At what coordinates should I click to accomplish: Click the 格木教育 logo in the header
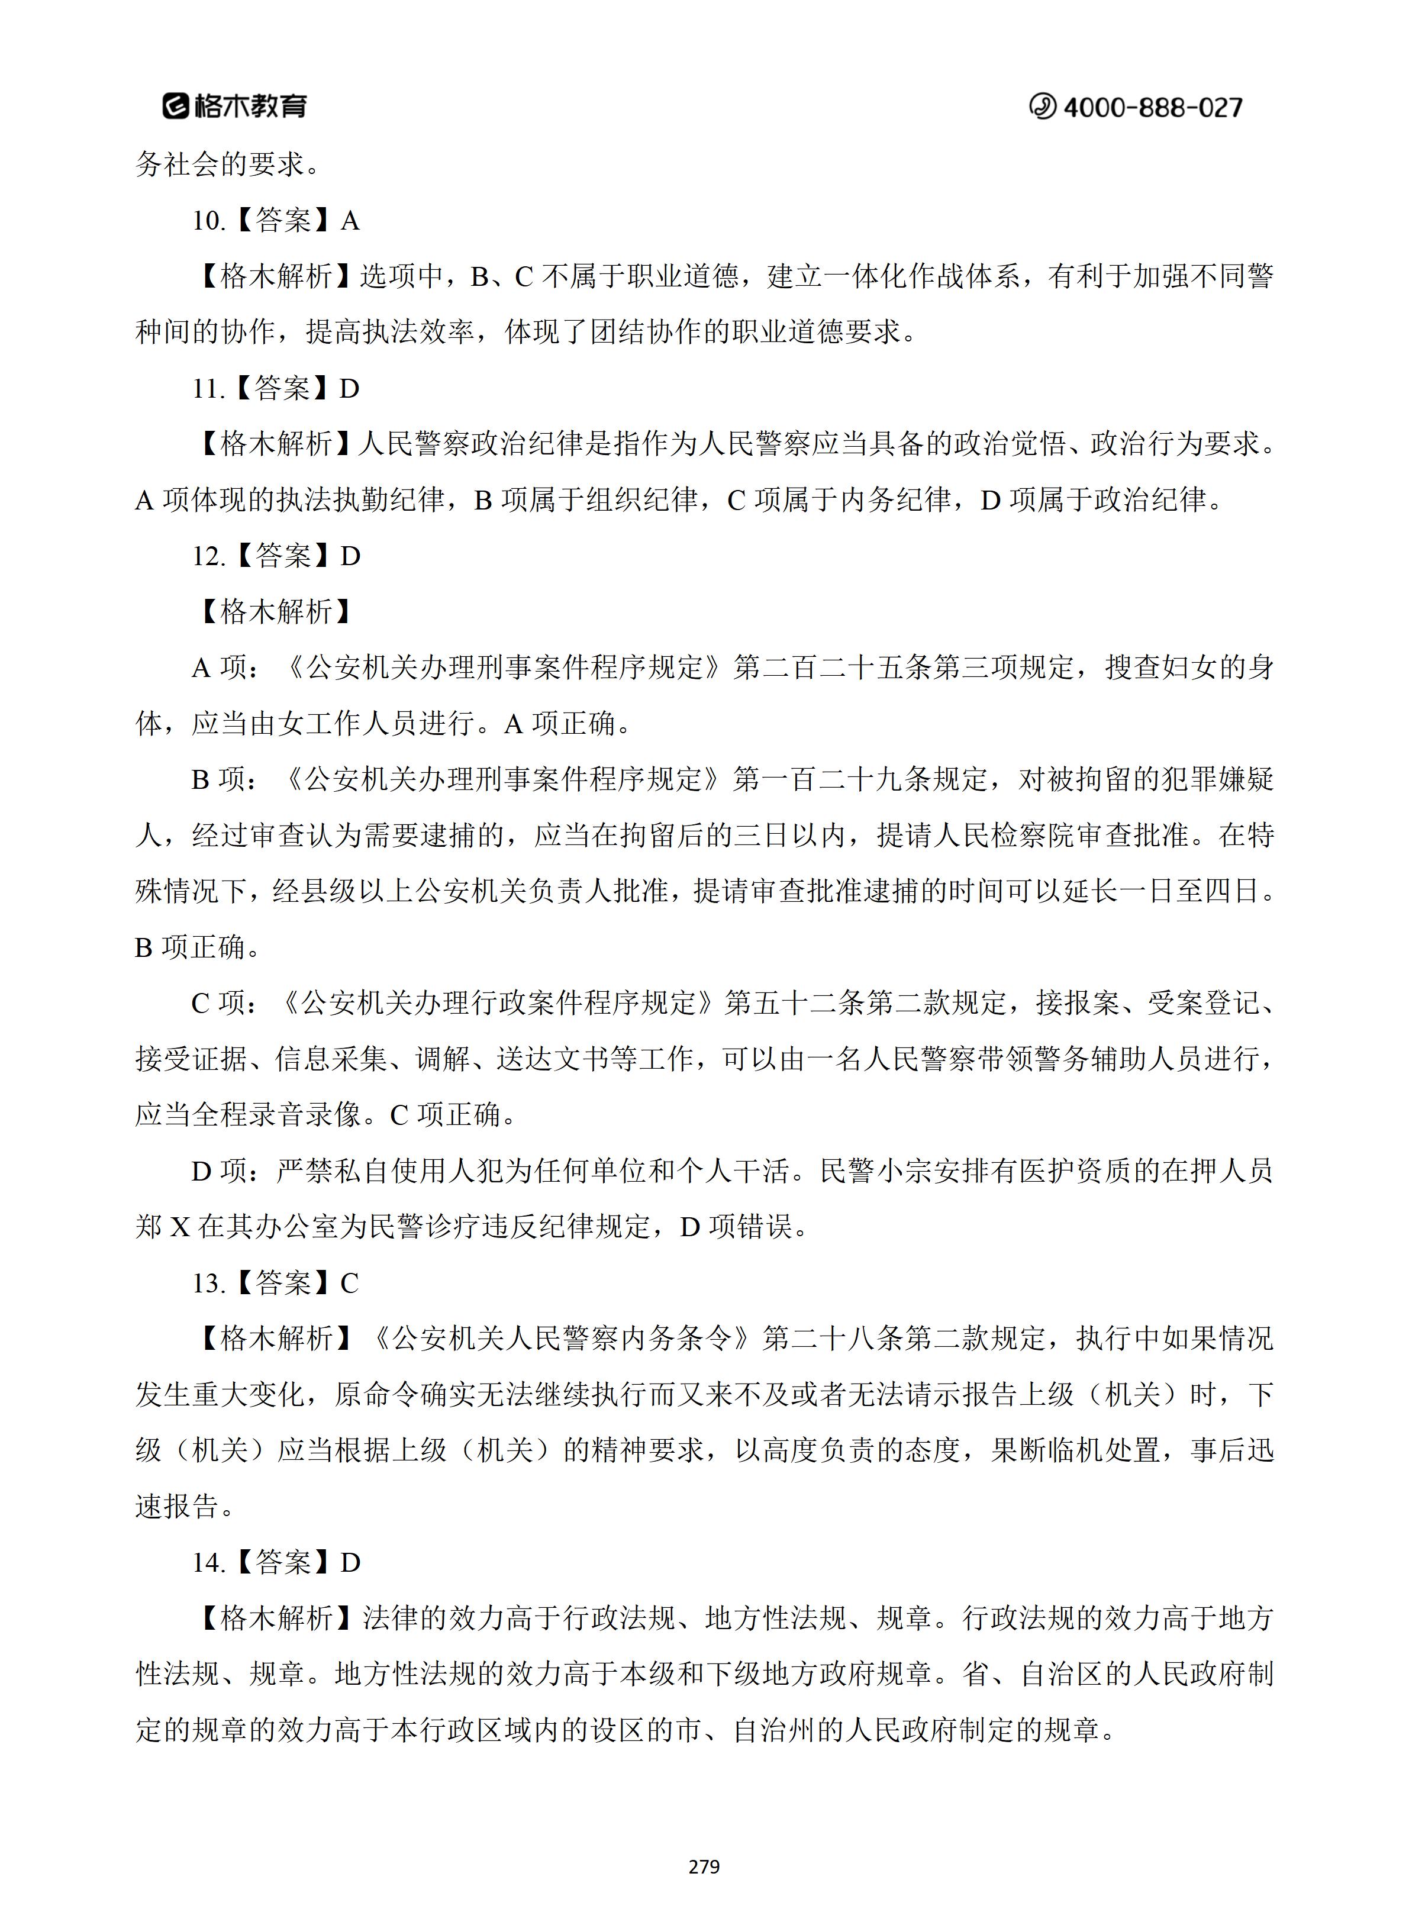(234, 106)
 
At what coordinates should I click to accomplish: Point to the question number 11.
(207, 389)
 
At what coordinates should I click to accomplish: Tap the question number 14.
(207, 1562)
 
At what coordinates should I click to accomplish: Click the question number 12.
(207, 557)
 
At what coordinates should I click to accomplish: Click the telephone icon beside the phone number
(1042, 107)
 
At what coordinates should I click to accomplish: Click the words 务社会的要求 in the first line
(218, 165)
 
